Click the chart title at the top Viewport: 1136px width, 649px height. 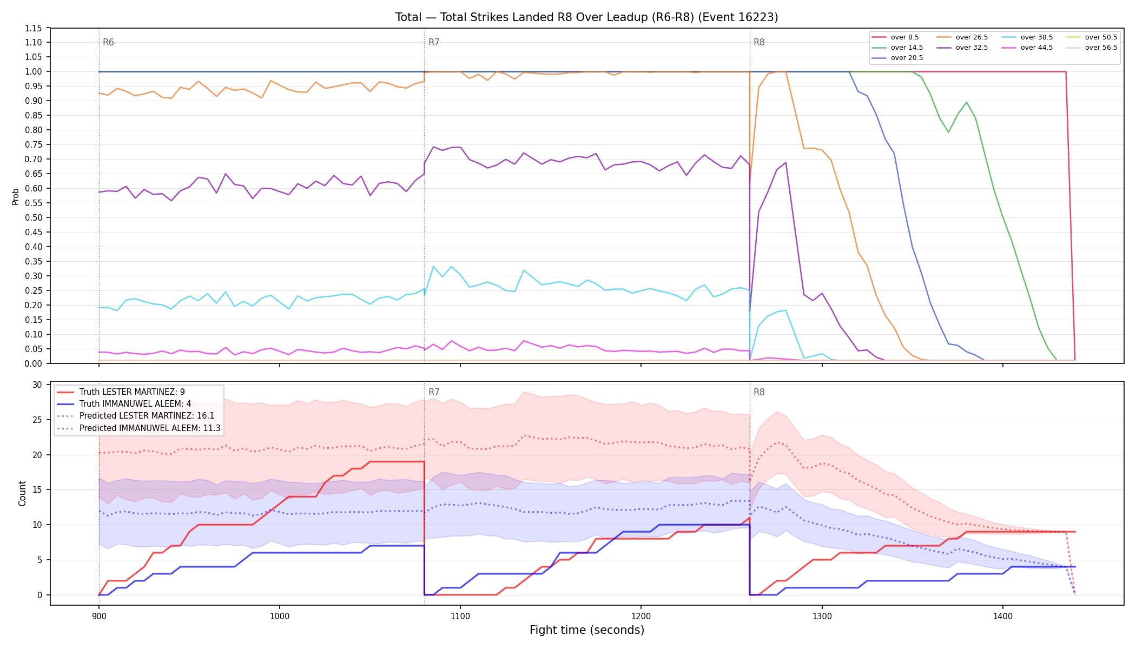click(586, 17)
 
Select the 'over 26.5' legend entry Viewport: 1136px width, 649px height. click(962, 37)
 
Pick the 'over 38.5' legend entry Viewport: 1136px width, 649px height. click(1027, 37)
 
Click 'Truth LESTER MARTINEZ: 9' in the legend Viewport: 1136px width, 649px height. click(132, 392)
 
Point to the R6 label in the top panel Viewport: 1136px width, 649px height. click(108, 42)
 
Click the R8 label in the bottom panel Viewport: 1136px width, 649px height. click(759, 392)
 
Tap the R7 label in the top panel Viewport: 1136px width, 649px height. click(434, 42)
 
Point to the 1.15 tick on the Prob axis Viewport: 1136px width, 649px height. click(34, 28)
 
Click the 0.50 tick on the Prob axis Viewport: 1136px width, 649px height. click(34, 217)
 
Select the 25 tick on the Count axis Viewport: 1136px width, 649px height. click(37, 420)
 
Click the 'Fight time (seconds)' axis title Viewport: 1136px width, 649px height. click(587, 630)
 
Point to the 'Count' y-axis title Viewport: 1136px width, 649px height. click(22, 493)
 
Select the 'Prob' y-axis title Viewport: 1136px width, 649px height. click(15, 196)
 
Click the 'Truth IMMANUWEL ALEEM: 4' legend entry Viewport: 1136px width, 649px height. click(135, 404)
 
